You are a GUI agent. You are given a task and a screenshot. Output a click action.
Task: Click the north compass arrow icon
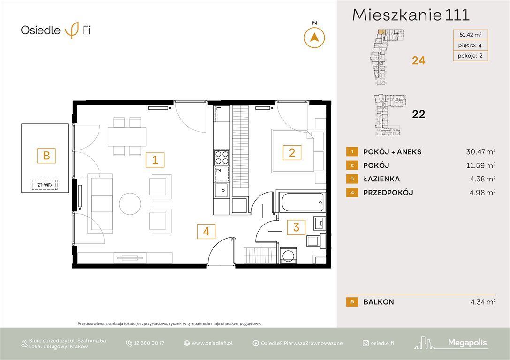click(x=315, y=37)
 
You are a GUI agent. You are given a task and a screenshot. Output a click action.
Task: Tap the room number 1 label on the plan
click(x=155, y=160)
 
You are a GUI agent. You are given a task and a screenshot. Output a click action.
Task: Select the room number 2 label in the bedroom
click(x=291, y=152)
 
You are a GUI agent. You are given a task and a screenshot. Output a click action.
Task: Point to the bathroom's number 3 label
click(x=296, y=228)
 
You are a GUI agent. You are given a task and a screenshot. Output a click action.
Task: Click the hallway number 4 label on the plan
click(x=206, y=231)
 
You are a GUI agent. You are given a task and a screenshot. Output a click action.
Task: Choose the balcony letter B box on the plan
click(x=46, y=155)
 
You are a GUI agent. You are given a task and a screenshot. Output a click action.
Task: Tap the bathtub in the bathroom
click(x=301, y=202)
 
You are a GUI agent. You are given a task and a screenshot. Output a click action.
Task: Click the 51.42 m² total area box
click(x=470, y=34)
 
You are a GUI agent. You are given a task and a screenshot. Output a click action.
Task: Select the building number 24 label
click(x=419, y=60)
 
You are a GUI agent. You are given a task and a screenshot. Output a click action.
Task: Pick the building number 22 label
click(x=418, y=114)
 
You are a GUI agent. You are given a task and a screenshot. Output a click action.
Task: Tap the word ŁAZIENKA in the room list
click(x=381, y=179)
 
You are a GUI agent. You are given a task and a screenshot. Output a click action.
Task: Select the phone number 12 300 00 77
click(x=149, y=343)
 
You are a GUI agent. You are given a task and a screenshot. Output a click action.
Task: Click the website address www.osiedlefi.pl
click(x=212, y=343)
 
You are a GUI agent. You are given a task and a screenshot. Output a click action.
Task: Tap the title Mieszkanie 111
click(x=411, y=15)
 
